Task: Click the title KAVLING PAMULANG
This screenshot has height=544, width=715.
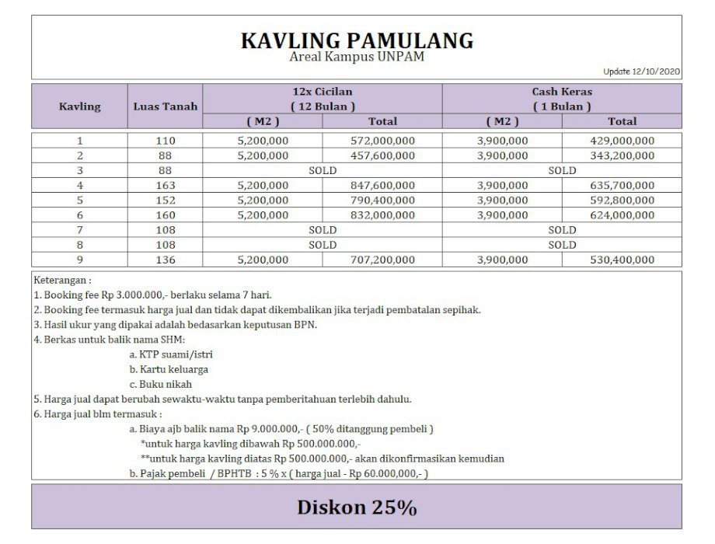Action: click(357, 40)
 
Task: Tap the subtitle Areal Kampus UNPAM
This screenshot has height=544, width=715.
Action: click(357, 57)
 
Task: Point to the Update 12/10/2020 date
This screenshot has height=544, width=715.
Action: click(642, 71)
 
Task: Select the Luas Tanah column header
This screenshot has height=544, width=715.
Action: click(166, 106)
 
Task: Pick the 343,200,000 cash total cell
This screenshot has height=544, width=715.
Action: click(622, 155)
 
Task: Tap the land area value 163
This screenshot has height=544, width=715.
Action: click(166, 185)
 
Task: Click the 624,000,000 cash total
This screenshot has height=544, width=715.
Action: click(622, 215)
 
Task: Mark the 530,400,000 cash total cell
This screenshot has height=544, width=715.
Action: click(622, 260)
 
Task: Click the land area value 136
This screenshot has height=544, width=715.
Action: click(166, 260)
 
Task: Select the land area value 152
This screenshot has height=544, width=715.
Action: click(166, 200)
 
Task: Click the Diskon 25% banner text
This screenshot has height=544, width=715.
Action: click(357, 507)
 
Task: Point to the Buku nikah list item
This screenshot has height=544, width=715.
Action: click(161, 384)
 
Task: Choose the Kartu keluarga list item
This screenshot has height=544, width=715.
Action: click(169, 369)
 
